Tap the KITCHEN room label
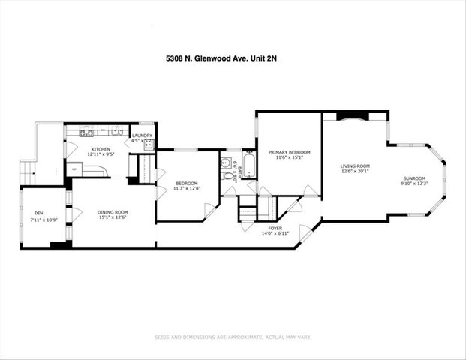coord(101,150)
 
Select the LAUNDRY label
coord(142,136)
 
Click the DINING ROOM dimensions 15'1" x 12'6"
coord(113,217)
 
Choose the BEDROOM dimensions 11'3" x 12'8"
coord(186,189)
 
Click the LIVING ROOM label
coord(355,166)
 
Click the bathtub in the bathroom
coord(249,166)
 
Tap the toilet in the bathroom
coord(226,163)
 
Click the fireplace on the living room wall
coord(352,115)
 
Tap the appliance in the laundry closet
coord(149,143)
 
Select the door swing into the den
coord(74,214)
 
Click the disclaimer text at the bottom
coord(233,337)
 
